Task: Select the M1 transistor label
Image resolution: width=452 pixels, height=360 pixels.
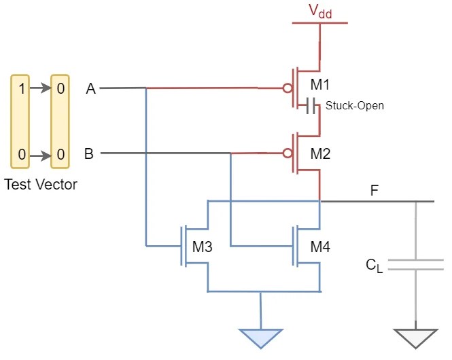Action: [321, 86]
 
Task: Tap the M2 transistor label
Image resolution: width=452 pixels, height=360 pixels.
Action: [321, 154]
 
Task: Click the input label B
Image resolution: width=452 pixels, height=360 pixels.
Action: [89, 154]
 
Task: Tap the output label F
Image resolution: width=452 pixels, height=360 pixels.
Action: [374, 191]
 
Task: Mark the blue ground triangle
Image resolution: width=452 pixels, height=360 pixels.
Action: [260, 338]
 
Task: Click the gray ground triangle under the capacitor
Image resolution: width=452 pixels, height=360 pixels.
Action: [415, 338]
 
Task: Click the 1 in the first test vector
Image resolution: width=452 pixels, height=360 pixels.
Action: [22, 88]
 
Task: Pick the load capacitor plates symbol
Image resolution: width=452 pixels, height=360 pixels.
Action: [415, 264]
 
